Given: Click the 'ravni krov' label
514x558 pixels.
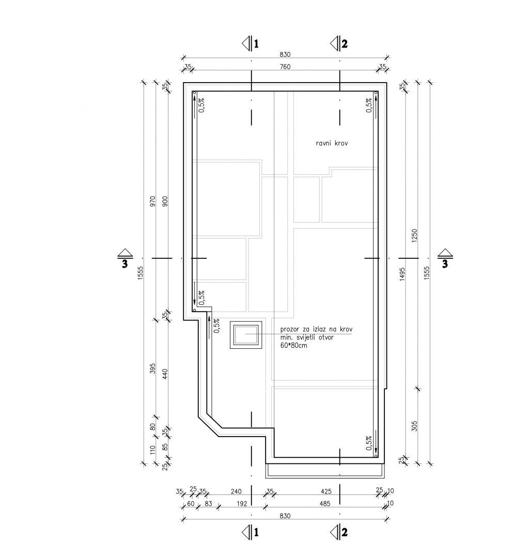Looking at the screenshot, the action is click(332, 144).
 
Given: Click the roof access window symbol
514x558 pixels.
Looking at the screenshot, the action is click(246, 335).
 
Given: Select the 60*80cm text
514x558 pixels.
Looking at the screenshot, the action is click(293, 345).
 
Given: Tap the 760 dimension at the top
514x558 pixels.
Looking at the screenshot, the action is click(285, 67).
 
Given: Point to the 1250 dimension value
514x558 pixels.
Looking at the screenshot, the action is click(414, 236).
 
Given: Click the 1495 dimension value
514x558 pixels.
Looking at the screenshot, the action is click(402, 274).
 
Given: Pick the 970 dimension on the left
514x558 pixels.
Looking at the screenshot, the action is click(153, 202).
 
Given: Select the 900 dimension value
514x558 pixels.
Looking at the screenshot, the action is click(165, 202).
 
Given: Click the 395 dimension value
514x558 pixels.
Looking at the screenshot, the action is click(153, 368).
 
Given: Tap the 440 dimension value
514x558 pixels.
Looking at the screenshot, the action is click(165, 374).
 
